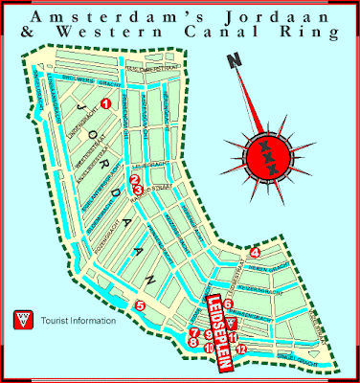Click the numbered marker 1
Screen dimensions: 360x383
[x=106, y=102]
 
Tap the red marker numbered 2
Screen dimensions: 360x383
[x=135, y=179]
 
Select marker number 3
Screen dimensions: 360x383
[x=140, y=190]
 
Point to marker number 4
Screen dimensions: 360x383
[x=255, y=253]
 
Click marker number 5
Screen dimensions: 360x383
[x=140, y=306]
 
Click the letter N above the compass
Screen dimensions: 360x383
[x=232, y=63]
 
